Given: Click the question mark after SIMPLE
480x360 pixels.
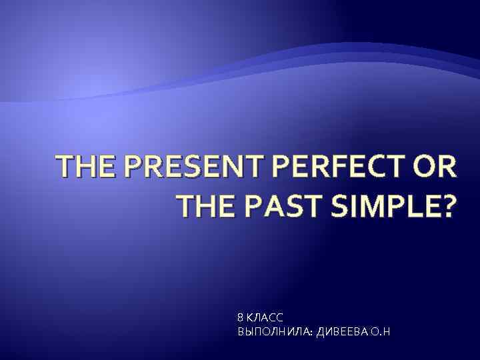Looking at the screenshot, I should coord(445,209).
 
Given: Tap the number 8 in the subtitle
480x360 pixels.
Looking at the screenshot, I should coord(240,319).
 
